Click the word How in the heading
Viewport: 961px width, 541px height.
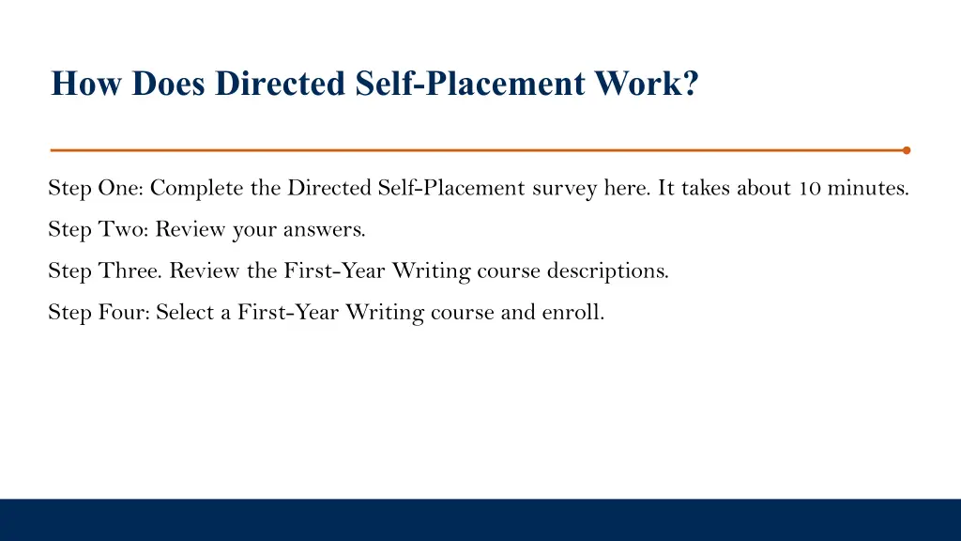[88, 85]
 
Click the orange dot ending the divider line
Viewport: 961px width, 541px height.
[906, 149]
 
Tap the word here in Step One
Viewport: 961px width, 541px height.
[625, 189]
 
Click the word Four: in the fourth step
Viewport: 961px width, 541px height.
[124, 313]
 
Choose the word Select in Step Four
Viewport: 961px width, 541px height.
[185, 313]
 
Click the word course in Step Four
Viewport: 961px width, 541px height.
[462, 313]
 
